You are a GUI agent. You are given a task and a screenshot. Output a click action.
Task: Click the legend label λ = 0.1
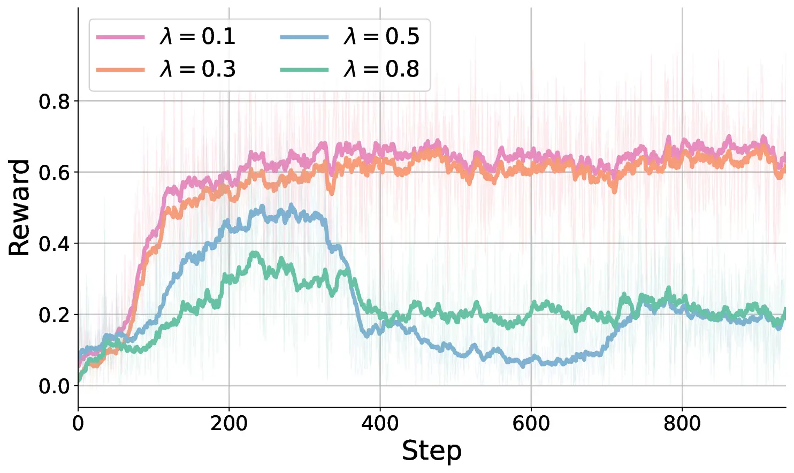pyautogui.click(x=197, y=36)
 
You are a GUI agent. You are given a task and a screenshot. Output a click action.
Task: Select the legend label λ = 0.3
pyautogui.click(x=197, y=69)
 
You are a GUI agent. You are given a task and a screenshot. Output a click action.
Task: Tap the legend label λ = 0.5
pyautogui.click(x=381, y=36)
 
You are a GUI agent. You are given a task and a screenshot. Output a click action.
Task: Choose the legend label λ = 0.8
pyautogui.click(x=381, y=69)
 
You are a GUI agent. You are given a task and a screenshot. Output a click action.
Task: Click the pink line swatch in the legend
pyautogui.click(x=120, y=37)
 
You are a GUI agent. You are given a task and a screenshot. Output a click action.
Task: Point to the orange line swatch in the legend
pyautogui.click(x=120, y=70)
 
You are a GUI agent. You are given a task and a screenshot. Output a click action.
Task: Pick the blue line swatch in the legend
pyautogui.click(x=304, y=37)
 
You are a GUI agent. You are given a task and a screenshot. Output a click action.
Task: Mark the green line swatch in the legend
pyautogui.click(x=304, y=70)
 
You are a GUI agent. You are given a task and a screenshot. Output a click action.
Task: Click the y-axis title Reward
pyautogui.click(x=19, y=208)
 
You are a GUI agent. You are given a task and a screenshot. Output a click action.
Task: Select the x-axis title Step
pyautogui.click(x=431, y=451)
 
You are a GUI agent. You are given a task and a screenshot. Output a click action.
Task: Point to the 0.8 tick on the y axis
pyautogui.click(x=54, y=101)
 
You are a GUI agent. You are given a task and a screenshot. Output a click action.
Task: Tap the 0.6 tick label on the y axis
pyautogui.click(x=54, y=172)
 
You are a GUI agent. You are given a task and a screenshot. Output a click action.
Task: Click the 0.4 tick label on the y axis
pyautogui.click(x=54, y=243)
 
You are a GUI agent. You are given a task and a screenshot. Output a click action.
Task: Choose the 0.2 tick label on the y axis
pyautogui.click(x=54, y=315)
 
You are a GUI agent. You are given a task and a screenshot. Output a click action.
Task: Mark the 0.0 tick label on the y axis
pyautogui.click(x=54, y=386)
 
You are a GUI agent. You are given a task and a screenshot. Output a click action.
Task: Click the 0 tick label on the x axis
pyautogui.click(x=78, y=424)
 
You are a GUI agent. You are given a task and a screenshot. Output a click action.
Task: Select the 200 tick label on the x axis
pyautogui.click(x=229, y=424)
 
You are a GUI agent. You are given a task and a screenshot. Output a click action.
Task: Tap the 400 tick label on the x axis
pyautogui.click(x=380, y=424)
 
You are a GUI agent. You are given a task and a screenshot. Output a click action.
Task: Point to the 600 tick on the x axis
pyautogui.click(x=531, y=424)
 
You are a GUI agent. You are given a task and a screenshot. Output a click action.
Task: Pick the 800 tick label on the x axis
pyautogui.click(x=682, y=424)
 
